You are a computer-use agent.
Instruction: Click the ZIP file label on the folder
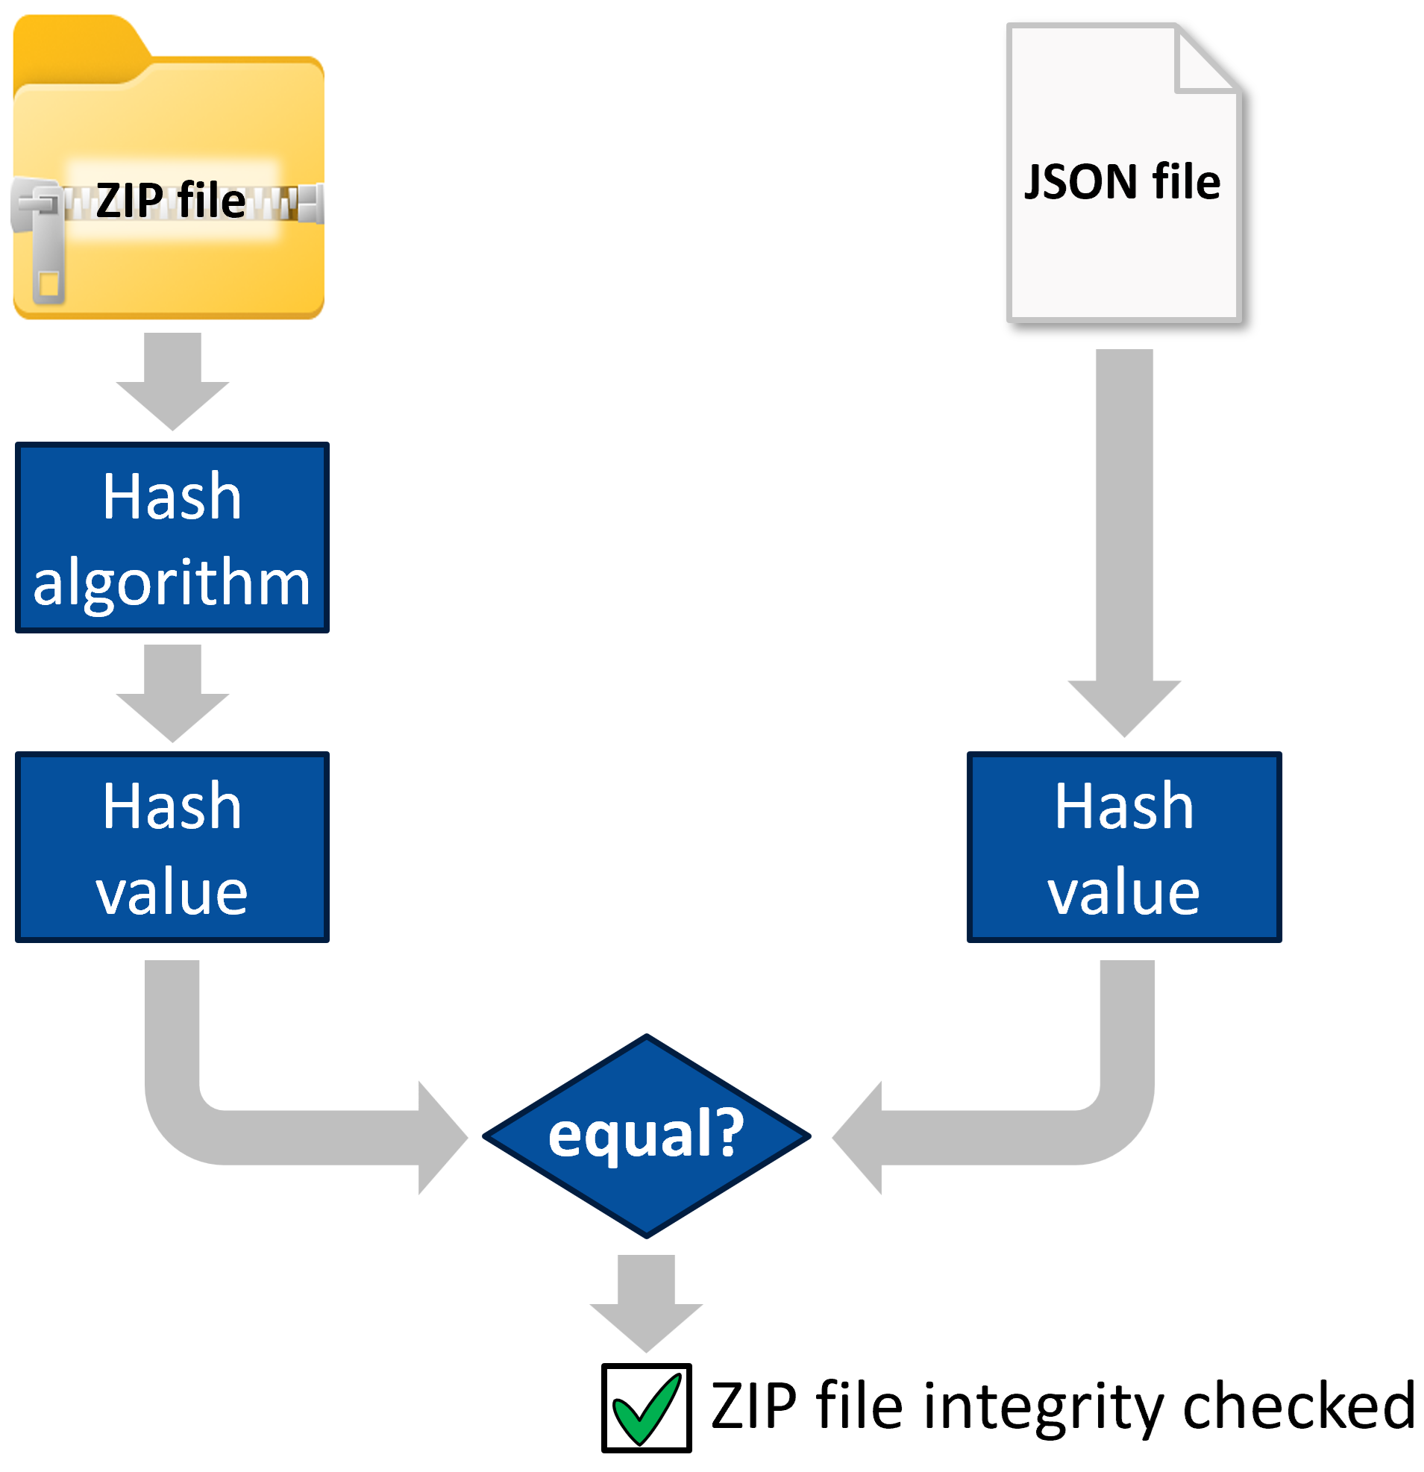[x=171, y=201]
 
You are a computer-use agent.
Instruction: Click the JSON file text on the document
[x=1122, y=182]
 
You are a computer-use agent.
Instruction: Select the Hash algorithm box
[x=172, y=538]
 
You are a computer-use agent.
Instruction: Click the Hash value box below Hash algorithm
[x=172, y=847]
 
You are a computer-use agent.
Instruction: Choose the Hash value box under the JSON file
[x=1123, y=847]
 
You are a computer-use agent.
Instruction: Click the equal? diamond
[x=646, y=1136]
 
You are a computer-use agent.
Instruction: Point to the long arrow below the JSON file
[x=1124, y=541]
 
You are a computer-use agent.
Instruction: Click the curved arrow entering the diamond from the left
[x=301, y=1136]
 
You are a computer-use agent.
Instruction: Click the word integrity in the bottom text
[x=1044, y=1406]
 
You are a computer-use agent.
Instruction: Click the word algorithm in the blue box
[x=172, y=583]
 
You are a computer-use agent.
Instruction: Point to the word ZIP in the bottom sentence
[x=753, y=1406]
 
